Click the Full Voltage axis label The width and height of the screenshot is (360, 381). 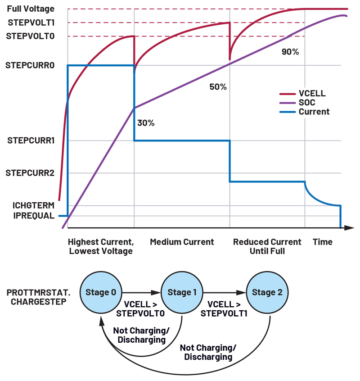click(x=31, y=9)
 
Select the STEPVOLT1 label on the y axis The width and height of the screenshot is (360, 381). click(x=31, y=23)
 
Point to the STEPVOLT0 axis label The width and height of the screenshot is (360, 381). click(x=31, y=36)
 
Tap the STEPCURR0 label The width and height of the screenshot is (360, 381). click(x=30, y=65)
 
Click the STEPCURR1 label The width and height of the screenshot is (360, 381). click(x=31, y=141)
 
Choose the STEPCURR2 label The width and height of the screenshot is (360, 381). click(x=31, y=172)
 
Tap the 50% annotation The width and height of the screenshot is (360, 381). click(x=218, y=87)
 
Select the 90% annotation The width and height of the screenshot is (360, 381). click(x=290, y=52)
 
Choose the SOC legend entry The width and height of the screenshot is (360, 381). click(x=306, y=103)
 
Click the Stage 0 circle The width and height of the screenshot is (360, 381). click(x=101, y=292)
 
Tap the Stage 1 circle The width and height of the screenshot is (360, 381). click(x=182, y=292)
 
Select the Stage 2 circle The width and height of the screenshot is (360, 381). click(x=267, y=292)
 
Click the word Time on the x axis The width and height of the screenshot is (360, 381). click(x=323, y=242)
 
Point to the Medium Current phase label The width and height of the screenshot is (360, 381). click(x=182, y=242)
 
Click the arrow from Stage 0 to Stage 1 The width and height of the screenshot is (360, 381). click(x=141, y=292)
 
